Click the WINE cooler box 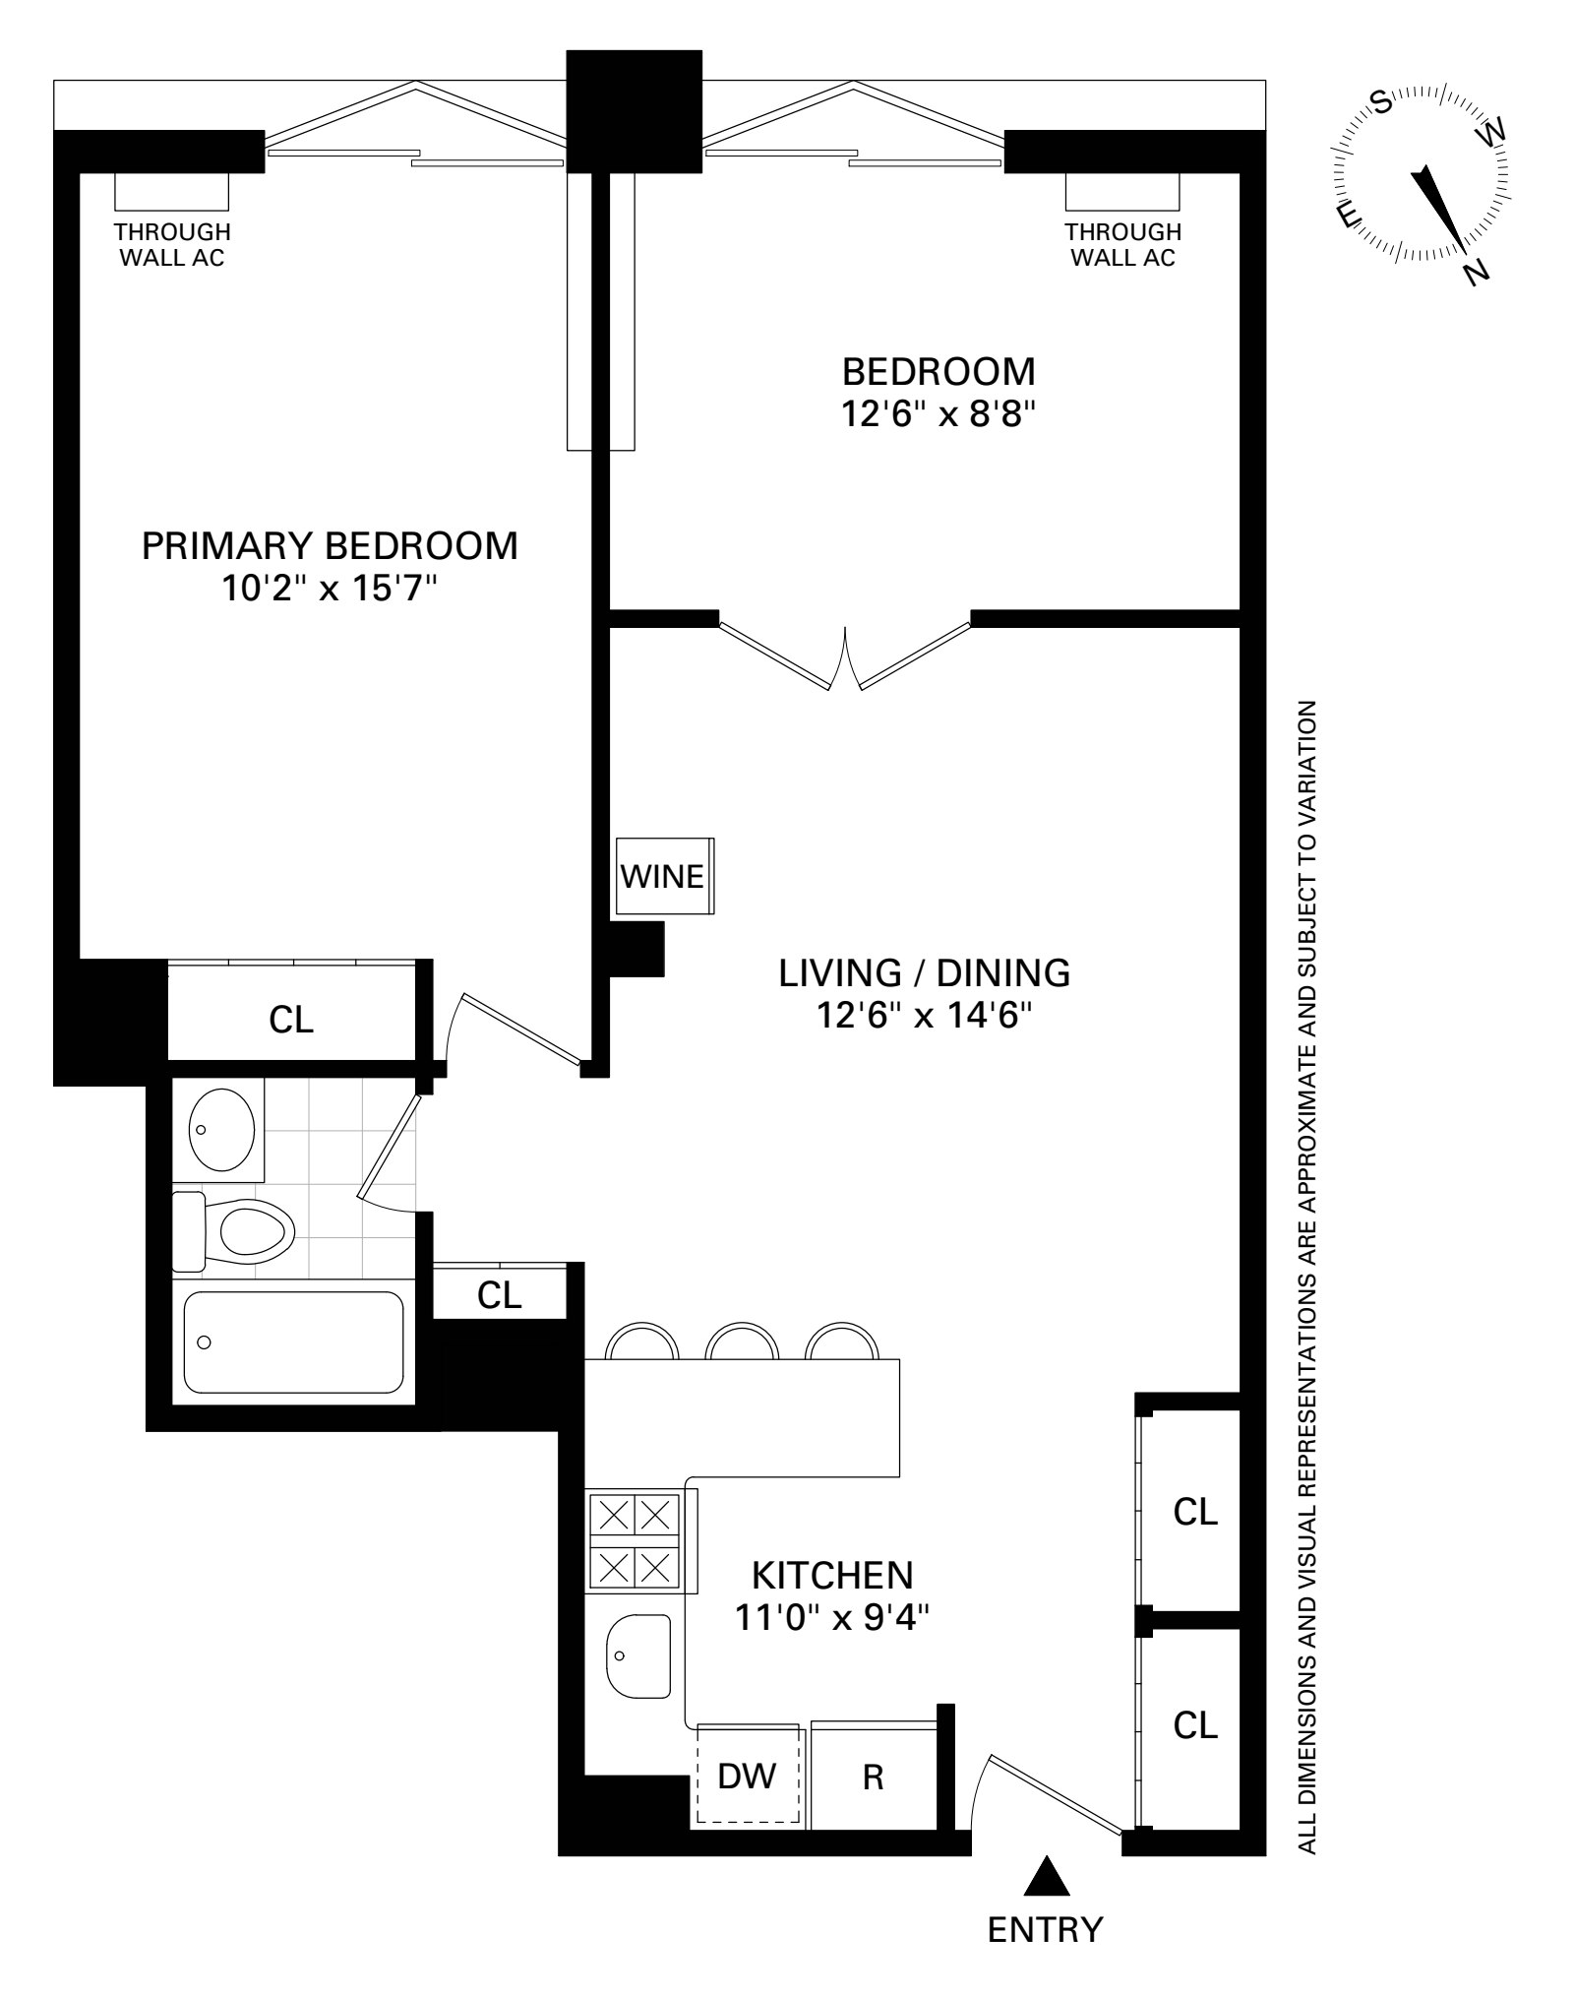664,876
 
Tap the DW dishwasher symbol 748,1776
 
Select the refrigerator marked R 872,1776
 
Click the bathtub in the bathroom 293,1342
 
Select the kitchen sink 637,1656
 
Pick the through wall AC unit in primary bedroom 171,191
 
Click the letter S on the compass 1381,101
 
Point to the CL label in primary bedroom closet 291,1021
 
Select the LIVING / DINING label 924,972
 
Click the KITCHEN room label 832,1575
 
